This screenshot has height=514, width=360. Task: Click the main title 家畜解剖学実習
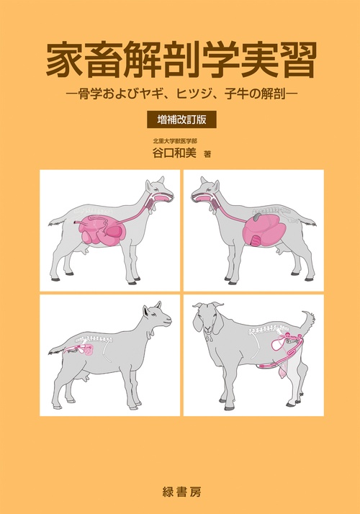point(180,62)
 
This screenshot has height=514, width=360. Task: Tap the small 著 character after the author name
point(208,154)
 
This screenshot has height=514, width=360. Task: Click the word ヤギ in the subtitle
point(158,94)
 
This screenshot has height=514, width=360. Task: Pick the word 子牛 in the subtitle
point(242,94)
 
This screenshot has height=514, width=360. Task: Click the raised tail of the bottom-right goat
point(308,319)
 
